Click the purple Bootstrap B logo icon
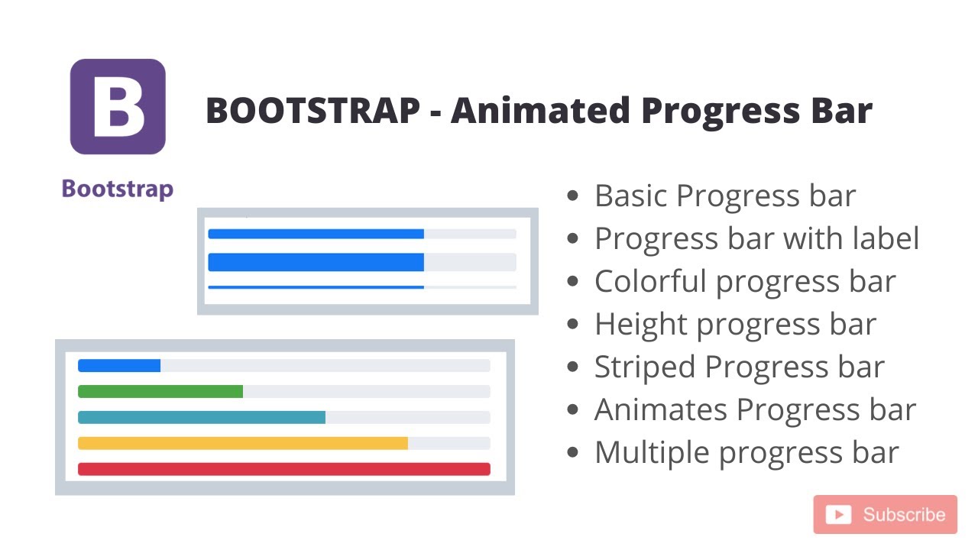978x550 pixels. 118,107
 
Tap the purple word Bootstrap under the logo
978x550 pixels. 118,189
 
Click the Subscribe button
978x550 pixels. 885,515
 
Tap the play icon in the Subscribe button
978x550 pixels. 838,515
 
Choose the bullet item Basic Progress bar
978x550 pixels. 724,196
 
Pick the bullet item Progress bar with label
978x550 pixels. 756,239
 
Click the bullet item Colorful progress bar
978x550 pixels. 744,282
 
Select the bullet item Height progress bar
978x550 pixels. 735,325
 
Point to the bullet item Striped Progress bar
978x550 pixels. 739,367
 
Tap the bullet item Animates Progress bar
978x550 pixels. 754,410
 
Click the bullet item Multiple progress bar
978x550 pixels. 746,453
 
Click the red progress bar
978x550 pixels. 283,469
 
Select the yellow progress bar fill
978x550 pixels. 242,443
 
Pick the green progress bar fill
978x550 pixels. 160,392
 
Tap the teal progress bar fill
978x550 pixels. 202,418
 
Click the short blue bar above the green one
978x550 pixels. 119,366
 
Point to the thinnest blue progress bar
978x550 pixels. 316,287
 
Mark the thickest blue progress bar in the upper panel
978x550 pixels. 316,262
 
